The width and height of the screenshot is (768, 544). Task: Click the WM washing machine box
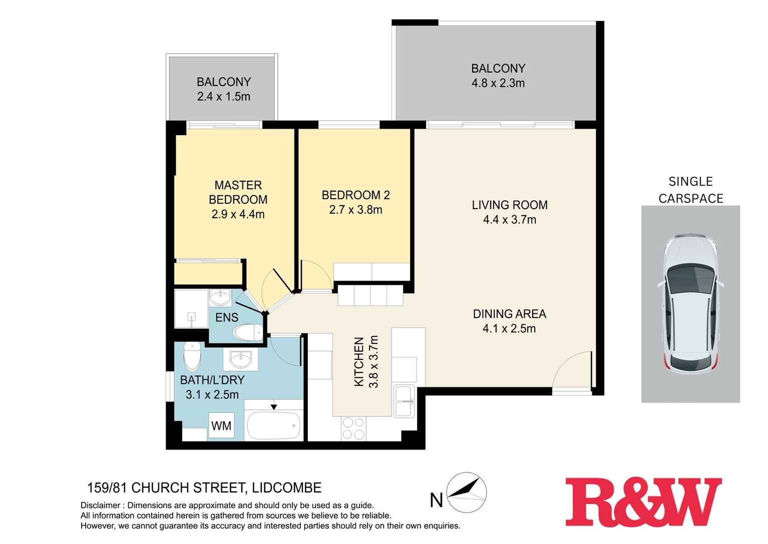pyautogui.click(x=221, y=426)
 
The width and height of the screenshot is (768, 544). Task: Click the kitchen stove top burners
pyautogui.click(x=353, y=429)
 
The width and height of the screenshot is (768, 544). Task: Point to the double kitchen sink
pyautogui.click(x=404, y=401)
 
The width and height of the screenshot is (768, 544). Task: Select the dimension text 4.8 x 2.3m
pyautogui.click(x=498, y=83)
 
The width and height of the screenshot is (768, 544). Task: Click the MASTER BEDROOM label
pyautogui.click(x=238, y=192)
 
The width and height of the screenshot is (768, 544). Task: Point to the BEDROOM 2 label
pyautogui.click(x=355, y=195)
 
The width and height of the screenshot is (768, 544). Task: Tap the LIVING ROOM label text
pyautogui.click(x=510, y=205)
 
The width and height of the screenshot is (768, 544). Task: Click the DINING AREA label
pyautogui.click(x=510, y=314)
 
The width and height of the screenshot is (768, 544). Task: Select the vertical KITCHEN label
pyautogui.click(x=359, y=361)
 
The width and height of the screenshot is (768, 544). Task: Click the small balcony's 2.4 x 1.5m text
pyautogui.click(x=223, y=97)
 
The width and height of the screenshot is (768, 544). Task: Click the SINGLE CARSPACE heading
pyautogui.click(x=691, y=190)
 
